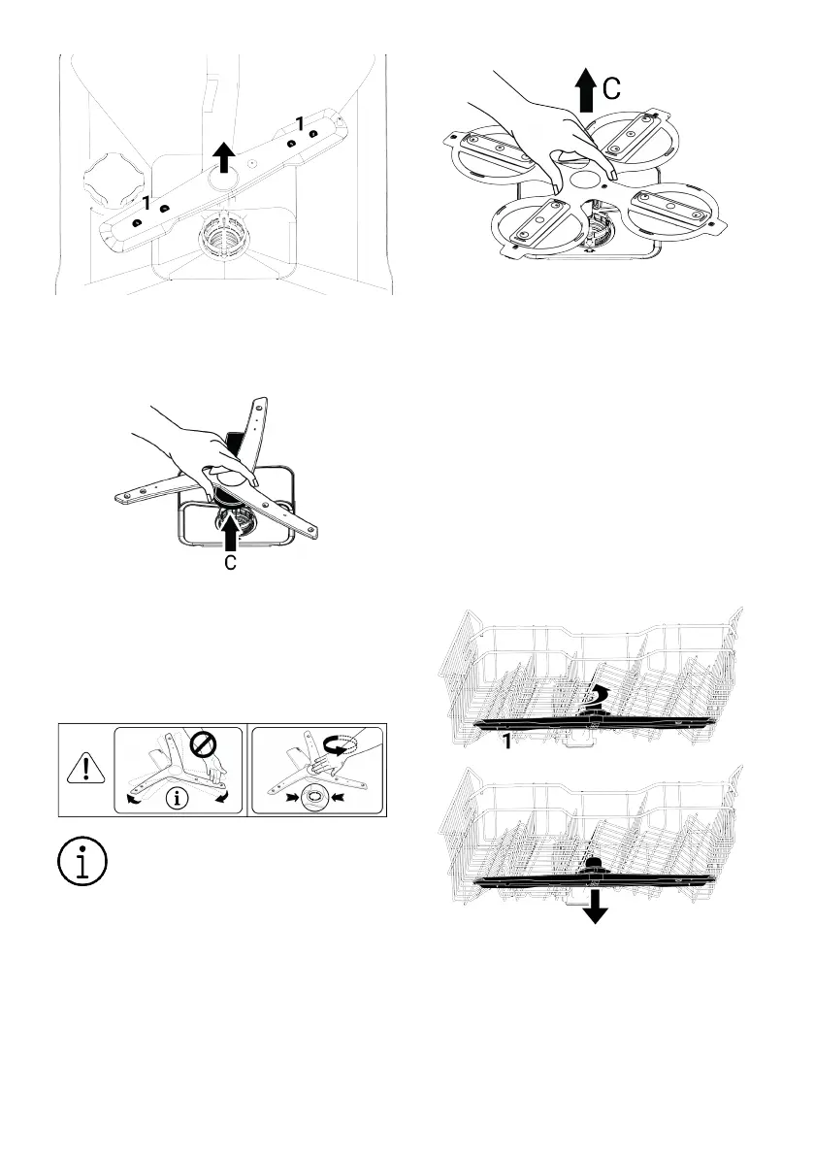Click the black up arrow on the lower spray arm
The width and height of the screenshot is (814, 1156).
pos(223,152)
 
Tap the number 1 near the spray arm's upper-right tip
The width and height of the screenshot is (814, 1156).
pos(300,123)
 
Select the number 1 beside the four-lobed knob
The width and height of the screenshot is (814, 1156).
pos(147,203)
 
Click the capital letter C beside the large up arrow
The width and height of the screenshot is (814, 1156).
pos(611,90)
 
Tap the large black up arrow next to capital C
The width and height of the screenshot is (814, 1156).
pos(584,93)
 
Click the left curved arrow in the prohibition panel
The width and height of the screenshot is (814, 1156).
pos(132,799)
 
